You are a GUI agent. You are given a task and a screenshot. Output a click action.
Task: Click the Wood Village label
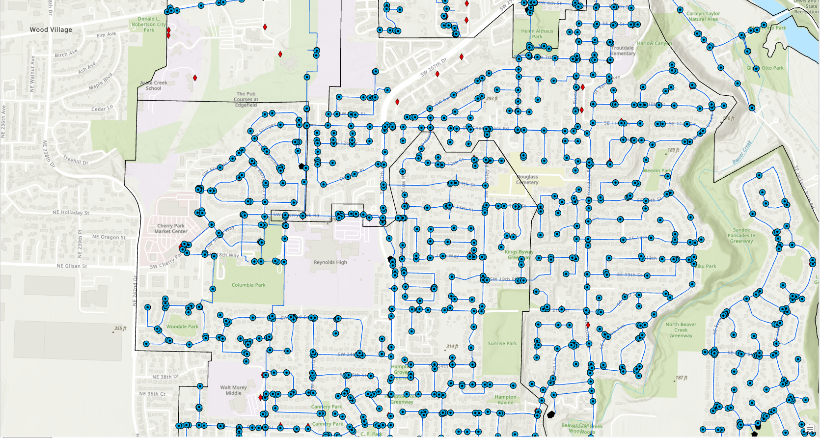tap(51, 30)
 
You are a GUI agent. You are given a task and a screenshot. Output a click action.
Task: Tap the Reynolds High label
tap(330, 262)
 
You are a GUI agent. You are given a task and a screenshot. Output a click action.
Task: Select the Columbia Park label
tap(248, 285)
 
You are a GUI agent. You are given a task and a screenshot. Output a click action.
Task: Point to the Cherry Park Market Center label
tap(171, 229)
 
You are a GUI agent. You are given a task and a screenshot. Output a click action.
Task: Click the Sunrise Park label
tap(502, 344)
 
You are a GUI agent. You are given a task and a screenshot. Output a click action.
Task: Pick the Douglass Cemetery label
tap(527, 180)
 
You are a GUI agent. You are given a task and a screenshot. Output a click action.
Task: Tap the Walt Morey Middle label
tap(233, 390)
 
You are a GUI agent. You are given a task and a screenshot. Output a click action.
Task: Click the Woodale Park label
tap(182, 327)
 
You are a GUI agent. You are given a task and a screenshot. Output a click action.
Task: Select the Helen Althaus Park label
tap(537, 34)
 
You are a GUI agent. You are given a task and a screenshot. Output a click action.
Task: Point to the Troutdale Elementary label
tap(623, 51)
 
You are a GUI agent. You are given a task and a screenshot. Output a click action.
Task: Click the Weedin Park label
tap(657, 171)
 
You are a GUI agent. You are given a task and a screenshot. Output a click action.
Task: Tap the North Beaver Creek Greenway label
tap(681, 330)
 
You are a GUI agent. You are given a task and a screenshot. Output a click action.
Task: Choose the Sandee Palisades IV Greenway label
tap(741, 235)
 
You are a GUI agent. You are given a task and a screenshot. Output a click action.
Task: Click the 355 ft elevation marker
tap(120, 329)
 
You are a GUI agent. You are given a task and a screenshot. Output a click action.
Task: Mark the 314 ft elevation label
tap(452, 347)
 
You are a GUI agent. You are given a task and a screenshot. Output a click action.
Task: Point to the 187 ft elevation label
tap(681, 378)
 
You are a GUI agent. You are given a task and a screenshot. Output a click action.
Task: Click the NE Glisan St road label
tap(72, 266)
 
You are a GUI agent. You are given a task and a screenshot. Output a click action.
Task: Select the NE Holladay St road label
tap(71, 213)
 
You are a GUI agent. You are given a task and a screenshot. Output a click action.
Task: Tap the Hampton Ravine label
tap(505, 400)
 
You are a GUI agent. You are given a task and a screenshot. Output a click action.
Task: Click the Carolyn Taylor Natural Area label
tap(703, 17)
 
